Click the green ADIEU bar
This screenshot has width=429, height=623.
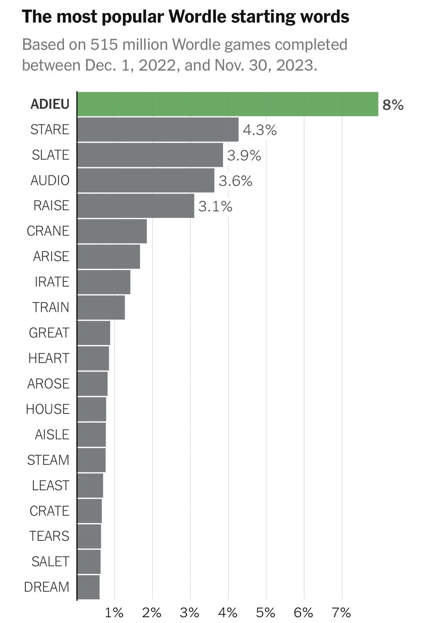[227, 104]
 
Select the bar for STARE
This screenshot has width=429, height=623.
[158, 129]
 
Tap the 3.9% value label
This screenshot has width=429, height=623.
[244, 156]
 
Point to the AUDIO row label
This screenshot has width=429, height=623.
[50, 180]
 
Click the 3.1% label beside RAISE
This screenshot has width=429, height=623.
[215, 207]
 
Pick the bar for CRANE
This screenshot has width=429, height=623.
[112, 231]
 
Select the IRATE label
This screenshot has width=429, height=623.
[52, 282]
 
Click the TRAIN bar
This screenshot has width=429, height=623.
[101, 307]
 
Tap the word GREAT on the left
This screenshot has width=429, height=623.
[49, 333]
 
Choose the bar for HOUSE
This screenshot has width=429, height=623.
[92, 409]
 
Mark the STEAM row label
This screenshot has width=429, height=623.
[48, 460]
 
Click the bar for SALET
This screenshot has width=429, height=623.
[89, 562]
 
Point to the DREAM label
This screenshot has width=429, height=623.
[47, 587]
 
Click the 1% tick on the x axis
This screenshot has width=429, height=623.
[114, 613]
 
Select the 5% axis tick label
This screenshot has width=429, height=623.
[266, 613]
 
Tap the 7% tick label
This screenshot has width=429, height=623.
[341, 613]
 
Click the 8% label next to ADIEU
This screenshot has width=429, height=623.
[393, 105]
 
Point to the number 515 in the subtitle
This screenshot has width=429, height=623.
[104, 45]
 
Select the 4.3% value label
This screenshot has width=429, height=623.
[260, 130]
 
